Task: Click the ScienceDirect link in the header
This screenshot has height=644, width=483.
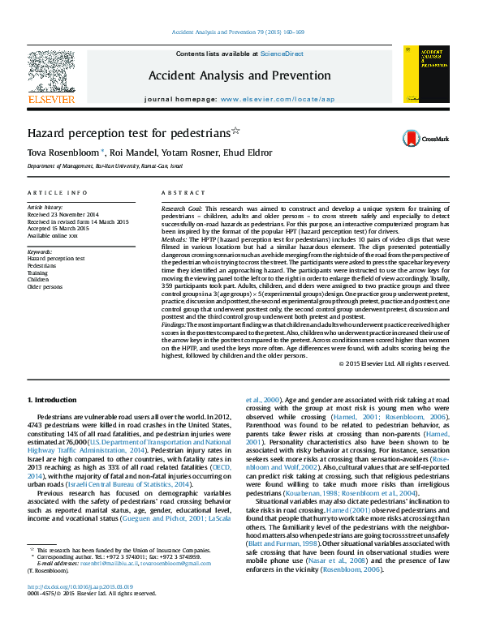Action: click(x=282, y=54)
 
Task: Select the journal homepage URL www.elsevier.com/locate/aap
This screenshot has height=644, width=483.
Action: click(x=277, y=99)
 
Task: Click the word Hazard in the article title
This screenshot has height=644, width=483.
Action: click(x=46, y=131)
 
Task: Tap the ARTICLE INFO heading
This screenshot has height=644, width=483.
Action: click(x=57, y=192)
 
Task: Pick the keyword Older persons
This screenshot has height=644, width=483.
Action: click(x=44, y=287)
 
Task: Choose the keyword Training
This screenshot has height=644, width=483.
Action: click(x=37, y=273)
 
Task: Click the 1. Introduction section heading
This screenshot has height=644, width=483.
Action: click(x=53, y=401)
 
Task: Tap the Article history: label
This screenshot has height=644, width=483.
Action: click(x=45, y=208)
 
